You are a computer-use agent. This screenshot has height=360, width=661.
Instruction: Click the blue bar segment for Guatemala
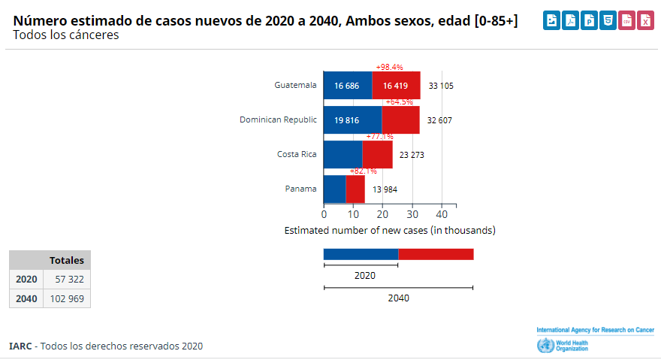(x=347, y=86)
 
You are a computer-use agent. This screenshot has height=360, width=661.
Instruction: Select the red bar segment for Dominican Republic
(x=400, y=120)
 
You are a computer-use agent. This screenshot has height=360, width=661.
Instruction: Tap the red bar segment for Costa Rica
(x=377, y=155)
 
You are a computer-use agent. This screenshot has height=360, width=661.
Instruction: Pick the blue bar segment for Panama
(x=334, y=189)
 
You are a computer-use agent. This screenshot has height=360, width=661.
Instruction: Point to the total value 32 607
(x=439, y=120)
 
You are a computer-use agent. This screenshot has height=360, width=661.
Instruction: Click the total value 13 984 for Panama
(x=385, y=189)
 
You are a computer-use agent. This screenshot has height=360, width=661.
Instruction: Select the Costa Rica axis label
(x=297, y=154)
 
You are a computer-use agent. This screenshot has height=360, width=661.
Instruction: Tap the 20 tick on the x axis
(x=382, y=213)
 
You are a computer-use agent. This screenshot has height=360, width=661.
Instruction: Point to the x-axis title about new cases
(x=390, y=230)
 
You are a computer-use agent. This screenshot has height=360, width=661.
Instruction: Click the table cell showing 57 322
(x=68, y=279)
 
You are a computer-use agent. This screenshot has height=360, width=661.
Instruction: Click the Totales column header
(x=67, y=260)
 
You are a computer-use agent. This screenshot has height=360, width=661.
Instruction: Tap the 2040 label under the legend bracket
(x=398, y=298)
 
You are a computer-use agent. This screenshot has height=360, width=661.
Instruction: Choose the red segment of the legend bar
(x=436, y=254)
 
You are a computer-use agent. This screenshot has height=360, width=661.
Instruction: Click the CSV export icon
(x=626, y=21)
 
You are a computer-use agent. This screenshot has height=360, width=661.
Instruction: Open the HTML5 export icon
(x=608, y=21)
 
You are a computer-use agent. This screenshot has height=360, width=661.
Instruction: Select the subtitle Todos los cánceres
(x=66, y=35)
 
